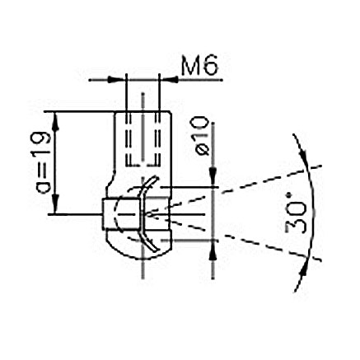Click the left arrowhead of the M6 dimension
[120, 80]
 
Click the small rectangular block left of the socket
[109, 215]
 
